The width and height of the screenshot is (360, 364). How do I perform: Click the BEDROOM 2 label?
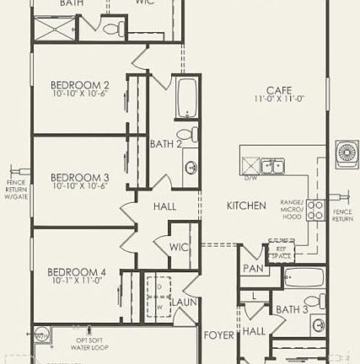79,84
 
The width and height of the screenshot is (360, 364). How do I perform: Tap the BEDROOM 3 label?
79,177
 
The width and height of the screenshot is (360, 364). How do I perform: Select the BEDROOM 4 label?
76,271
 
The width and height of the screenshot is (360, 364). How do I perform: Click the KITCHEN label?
246,206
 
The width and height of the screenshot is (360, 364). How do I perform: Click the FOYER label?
219,335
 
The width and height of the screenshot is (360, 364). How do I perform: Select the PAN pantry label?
252,269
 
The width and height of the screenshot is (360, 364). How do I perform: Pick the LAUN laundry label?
184,301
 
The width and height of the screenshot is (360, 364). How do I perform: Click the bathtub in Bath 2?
186,99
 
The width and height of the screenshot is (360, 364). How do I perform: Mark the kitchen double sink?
271,166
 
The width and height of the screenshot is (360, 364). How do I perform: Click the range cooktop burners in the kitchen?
315,210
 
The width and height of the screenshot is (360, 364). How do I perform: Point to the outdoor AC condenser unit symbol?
347,153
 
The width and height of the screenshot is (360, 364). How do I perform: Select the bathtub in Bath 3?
303,277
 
